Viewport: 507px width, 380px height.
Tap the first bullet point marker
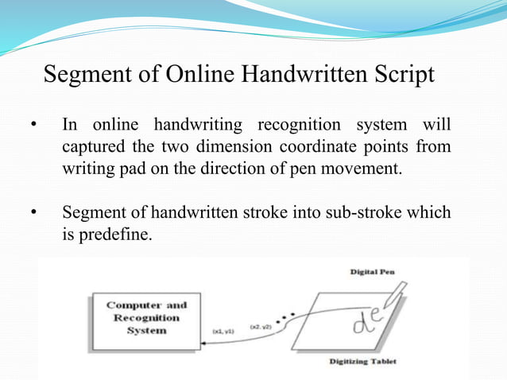pos(33,126)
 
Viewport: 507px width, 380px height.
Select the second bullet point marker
pos(33,214)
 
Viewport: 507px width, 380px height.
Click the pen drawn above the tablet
pos(396,301)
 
